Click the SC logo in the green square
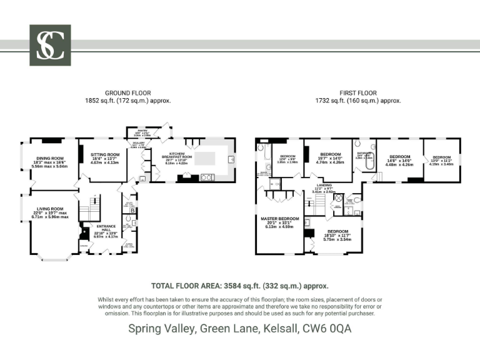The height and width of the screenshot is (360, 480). (x=50, y=45)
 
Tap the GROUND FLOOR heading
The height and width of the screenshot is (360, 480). (x=127, y=93)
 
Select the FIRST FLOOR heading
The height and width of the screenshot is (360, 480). (x=357, y=93)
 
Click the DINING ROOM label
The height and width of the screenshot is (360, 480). (x=50, y=159)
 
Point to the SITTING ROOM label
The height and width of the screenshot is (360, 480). (x=105, y=154)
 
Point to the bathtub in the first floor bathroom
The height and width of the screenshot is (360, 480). (x=262, y=154)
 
